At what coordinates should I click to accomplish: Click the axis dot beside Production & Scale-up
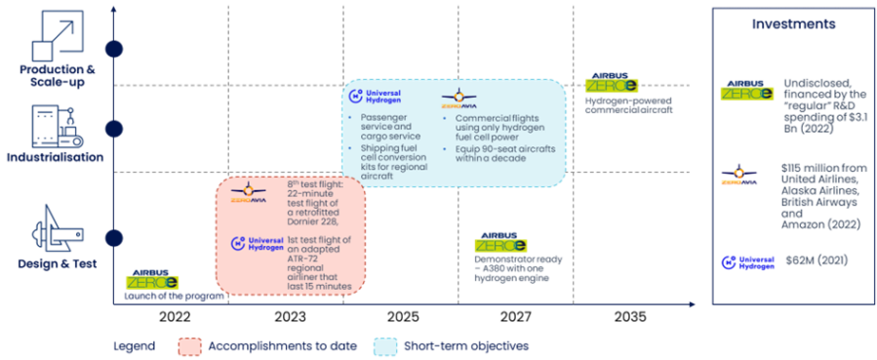pos(115,49)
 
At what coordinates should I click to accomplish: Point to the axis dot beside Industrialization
pos(115,129)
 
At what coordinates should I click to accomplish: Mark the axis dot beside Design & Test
pos(115,238)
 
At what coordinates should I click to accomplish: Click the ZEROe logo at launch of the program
pos(150,281)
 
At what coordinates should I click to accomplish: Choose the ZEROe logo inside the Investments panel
pos(746,91)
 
